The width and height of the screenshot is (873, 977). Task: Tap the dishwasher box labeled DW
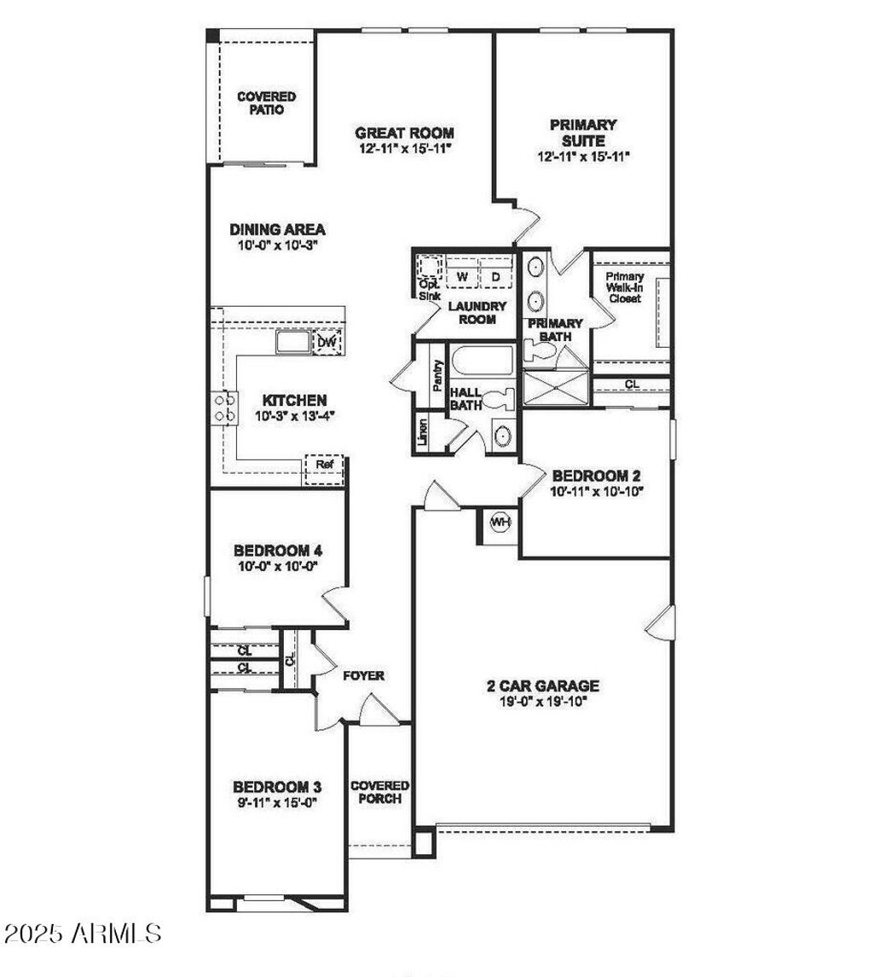[327, 342]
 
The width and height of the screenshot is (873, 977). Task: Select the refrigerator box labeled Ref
[323, 469]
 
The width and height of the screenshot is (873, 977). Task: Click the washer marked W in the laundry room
[462, 276]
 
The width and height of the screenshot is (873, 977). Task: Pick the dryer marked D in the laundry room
[496, 276]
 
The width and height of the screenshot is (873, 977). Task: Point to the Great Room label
[404, 133]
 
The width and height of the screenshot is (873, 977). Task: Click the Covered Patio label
[267, 103]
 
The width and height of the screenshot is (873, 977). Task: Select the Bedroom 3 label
[277, 786]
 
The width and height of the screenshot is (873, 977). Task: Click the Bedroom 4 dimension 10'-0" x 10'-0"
[278, 566]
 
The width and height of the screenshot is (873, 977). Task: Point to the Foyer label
[364, 675]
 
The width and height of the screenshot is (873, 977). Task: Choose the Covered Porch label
[379, 792]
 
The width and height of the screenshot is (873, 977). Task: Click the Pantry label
[438, 375]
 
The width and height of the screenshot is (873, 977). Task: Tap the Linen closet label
[423, 431]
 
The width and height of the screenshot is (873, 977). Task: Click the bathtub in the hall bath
[482, 360]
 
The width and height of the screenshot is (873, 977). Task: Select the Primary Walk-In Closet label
[625, 287]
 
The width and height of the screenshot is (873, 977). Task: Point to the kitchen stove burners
[225, 408]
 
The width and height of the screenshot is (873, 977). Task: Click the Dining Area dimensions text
[278, 246]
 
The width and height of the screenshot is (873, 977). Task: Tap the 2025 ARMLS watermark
[83, 933]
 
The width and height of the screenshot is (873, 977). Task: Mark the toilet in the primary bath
[539, 352]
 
